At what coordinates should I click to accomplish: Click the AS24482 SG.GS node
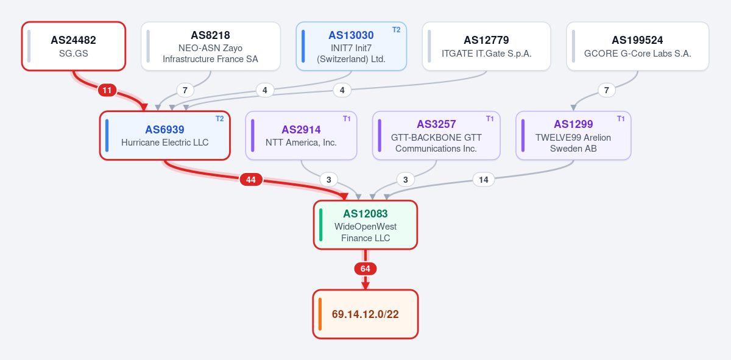click(x=74, y=46)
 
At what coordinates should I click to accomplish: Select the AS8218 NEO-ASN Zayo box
click(x=211, y=46)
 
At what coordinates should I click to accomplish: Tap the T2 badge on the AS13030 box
click(x=396, y=30)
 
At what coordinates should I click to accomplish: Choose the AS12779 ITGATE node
click(x=487, y=46)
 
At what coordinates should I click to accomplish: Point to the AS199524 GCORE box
click(x=638, y=46)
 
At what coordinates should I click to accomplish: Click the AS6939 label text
click(x=164, y=130)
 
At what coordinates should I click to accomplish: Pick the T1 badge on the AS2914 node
click(x=347, y=119)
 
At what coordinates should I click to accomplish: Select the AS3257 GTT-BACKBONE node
click(x=436, y=135)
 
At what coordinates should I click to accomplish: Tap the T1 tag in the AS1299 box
click(x=621, y=119)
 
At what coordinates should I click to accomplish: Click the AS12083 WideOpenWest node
click(x=365, y=225)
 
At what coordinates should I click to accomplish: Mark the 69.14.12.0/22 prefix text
click(x=365, y=314)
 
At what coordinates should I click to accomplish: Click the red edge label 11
click(x=107, y=90)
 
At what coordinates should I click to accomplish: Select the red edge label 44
click(x=250, y=180)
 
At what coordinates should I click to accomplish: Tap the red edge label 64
click(x=365, y=269)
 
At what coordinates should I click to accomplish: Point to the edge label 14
click(x=483, y=180)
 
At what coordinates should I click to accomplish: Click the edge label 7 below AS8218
click(x=185, y=90)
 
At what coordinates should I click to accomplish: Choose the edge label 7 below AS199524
click(x=606, y=90)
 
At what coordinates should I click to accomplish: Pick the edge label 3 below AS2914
click(x=328, y=180)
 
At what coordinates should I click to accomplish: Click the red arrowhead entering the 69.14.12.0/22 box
click(x=365, y=286)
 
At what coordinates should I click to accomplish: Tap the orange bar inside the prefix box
click(x=320, y=314)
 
